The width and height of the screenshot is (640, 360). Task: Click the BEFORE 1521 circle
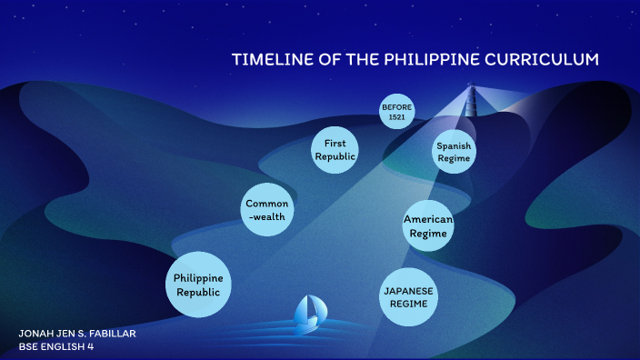click(396, 112)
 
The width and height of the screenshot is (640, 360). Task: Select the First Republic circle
click(335, 150)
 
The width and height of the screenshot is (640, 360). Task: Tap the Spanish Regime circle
click(453, 152)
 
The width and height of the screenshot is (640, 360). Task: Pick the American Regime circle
click(427, 226)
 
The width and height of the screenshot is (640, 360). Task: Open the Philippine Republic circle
click(198, 285)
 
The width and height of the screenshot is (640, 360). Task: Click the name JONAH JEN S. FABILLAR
click(77, 334)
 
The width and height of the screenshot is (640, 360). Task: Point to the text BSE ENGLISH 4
click(56, 346)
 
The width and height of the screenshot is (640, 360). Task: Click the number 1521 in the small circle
click(396, 117)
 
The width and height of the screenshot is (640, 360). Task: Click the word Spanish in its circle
click(453, 145)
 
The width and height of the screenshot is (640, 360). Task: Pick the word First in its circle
click(335, 144)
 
